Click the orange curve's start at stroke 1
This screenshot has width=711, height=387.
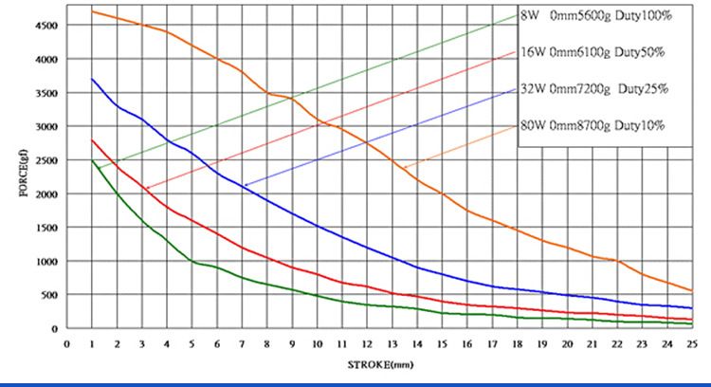(x=92, y=11)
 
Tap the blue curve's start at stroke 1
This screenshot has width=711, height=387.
(x=92, y=79)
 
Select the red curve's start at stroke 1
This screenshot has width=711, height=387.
(x=92, y=139)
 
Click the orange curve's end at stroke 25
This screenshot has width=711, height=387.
(x=692, y=290)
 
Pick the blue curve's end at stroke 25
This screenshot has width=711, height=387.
(x=692, y=307)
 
